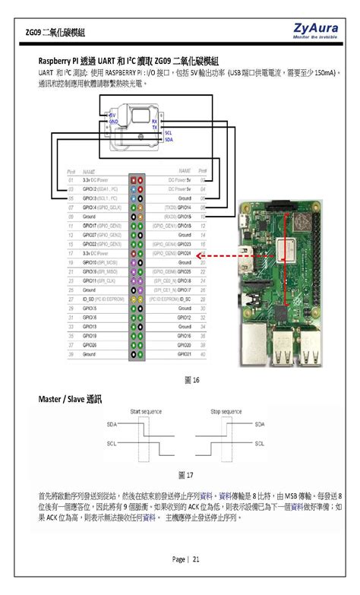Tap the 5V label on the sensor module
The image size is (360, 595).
click(x=113, y=115)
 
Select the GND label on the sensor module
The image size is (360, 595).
click(x=113, y=122)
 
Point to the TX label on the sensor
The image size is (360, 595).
click(x=155, y=127)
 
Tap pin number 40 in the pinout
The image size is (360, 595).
click(x=203, y=354)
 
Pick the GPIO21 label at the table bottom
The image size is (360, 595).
click(x=184, y=354)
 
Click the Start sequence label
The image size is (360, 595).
click(x=146, y=410)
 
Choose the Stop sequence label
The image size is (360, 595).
click(x=225, y=410)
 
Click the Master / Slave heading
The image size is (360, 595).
click(x=70, y=398)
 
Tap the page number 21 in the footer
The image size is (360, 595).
click(x=187, y=559)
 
